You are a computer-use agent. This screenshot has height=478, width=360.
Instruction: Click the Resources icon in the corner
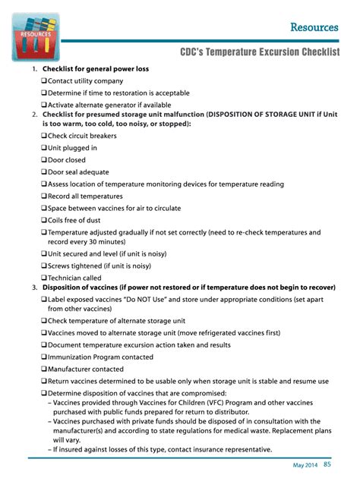pyautogui.click(x=36, y=36)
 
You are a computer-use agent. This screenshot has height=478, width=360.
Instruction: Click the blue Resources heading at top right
pyautogui.click(x=314, y=27)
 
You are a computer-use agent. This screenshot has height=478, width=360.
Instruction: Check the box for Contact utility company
pyautogui.click(x=44, y=81)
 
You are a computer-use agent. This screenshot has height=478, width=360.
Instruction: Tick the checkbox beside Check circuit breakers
pyautogui.click(x=44, y=137)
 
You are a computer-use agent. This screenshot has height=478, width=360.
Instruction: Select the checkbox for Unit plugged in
pyautogui.click(x=44, y=149)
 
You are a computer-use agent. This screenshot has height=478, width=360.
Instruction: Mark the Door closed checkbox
pyautogui.click(x=44, y=161)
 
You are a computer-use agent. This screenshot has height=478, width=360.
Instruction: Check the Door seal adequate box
pyautogui.click(x=44, y=172)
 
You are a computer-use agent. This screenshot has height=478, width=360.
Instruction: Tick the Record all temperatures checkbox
pyautogui.click(x=44, y=197)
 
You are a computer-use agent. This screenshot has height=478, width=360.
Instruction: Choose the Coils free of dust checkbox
pyautogui.click(x=44, y=221)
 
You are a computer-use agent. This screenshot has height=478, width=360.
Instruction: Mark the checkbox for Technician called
pyautogui.click(x=44, y=278)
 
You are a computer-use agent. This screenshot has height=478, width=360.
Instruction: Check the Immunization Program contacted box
pyautogui.click(x=44, y=357)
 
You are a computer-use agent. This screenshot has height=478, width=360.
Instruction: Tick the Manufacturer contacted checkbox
pyautogui.click(x=44, y=369)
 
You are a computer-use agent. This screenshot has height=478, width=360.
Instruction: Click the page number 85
pyautogui.click(x=327, y=464)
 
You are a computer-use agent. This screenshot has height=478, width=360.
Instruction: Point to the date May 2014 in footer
pyautogui.click(x=305, y=465)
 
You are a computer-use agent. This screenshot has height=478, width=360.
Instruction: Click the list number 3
pyautogui.click(x=34, y=288)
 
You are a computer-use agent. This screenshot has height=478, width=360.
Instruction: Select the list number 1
pyautogui.click(x=34, y=69)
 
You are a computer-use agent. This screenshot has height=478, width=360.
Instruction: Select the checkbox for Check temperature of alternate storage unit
pyautogui.click(x=44, y=321)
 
